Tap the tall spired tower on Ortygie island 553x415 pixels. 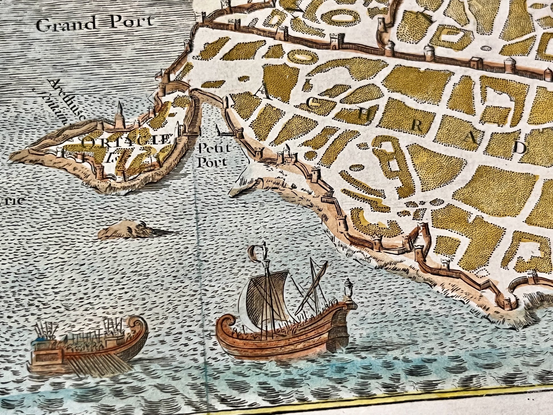pyautogui.click(x=120, y=114)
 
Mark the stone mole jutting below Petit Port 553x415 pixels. pyautogui.click(x=256, y=185)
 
